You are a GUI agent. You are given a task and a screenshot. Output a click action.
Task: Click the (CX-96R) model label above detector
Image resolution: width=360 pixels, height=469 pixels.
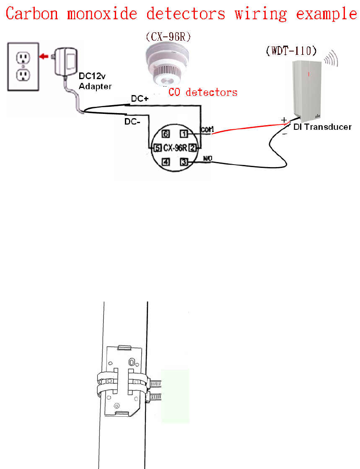click(168, 36)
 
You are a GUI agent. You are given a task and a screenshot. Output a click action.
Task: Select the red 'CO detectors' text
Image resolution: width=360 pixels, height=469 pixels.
click(203, 92)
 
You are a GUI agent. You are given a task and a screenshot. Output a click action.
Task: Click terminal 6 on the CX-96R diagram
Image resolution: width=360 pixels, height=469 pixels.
click(166, 134)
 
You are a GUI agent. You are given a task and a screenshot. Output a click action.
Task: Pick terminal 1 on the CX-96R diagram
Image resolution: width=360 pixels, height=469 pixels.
click(183, 134)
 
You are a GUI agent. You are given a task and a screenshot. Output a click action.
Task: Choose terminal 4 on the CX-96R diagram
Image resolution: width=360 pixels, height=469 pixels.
click(166, 162)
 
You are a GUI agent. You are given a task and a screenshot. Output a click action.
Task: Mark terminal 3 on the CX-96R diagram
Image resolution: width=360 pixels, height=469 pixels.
click(183, 162)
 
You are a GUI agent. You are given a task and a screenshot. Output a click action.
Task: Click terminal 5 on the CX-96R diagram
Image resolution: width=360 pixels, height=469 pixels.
click(157, 148)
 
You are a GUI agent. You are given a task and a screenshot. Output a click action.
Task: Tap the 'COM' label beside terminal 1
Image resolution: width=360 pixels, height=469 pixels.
click(207, 130)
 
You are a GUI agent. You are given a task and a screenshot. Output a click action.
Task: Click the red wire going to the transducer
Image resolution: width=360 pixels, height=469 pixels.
click(247, 127)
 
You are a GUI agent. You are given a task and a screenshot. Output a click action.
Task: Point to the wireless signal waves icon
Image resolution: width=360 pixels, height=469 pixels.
click(331, 59)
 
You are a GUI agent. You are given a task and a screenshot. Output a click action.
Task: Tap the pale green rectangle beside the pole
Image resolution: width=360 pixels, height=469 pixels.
click(175, 396)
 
